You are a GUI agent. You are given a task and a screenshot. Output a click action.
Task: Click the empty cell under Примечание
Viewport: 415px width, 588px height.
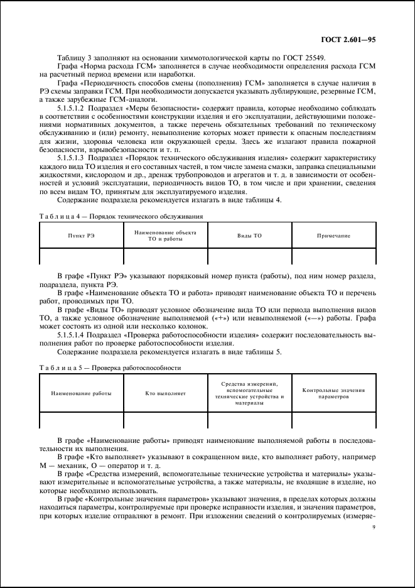pyautogui.click(x=333, y=256)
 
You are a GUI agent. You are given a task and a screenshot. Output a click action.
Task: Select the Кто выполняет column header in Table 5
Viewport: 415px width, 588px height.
pyautogui.click(x=166, y=393)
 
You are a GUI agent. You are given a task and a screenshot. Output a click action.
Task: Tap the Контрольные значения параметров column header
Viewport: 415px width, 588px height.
pyautogui.click(x=333, y=393)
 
